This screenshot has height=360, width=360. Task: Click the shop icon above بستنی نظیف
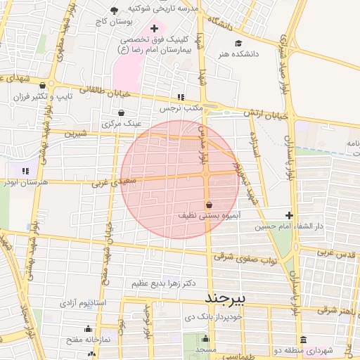coord(209,205)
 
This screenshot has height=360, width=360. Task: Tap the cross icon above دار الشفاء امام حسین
coord(289,215)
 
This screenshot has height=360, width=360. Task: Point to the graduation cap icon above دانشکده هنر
coord(238,43)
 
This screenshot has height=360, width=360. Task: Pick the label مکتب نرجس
coord(180,108)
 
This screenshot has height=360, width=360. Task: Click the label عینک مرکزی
coord(122,123)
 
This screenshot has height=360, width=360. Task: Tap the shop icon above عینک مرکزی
coord(122,112)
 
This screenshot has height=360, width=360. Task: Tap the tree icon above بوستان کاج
coord(115,10)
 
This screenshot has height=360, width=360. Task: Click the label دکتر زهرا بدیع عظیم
coord(163,283)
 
